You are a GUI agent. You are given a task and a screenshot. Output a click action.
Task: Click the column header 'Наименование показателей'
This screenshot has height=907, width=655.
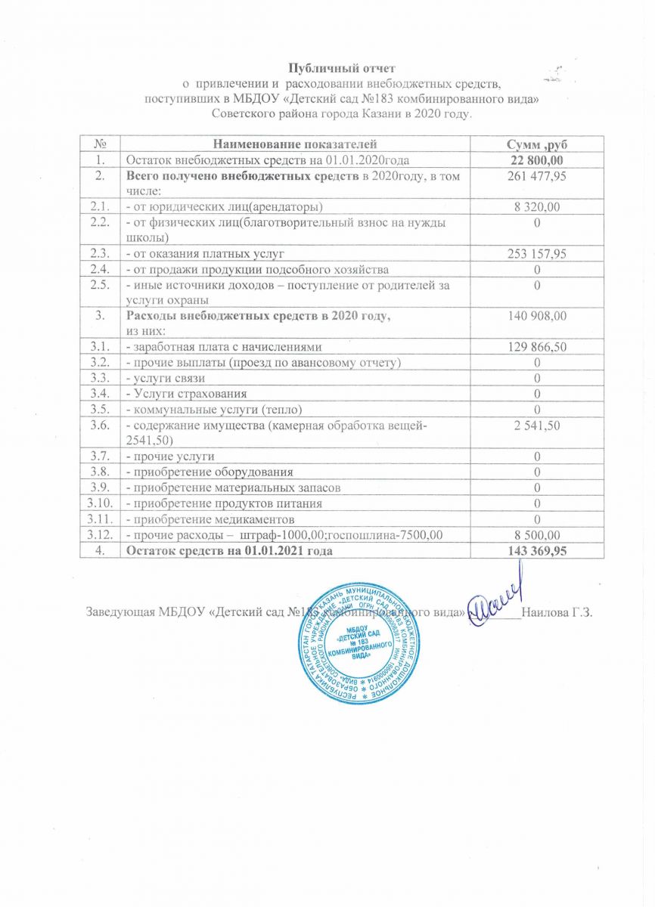[295, 144]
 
